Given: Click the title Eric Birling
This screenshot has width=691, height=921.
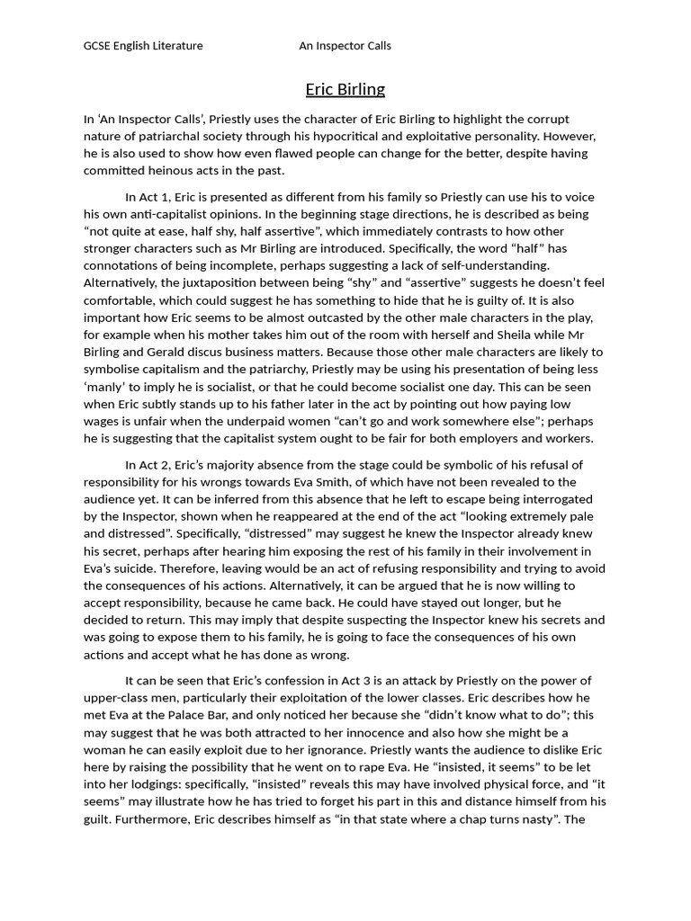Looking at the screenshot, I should tap(345, 89).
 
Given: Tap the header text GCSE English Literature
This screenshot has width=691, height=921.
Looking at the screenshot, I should tap(143, 46).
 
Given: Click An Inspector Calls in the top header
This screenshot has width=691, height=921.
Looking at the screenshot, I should tap(345, 46).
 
